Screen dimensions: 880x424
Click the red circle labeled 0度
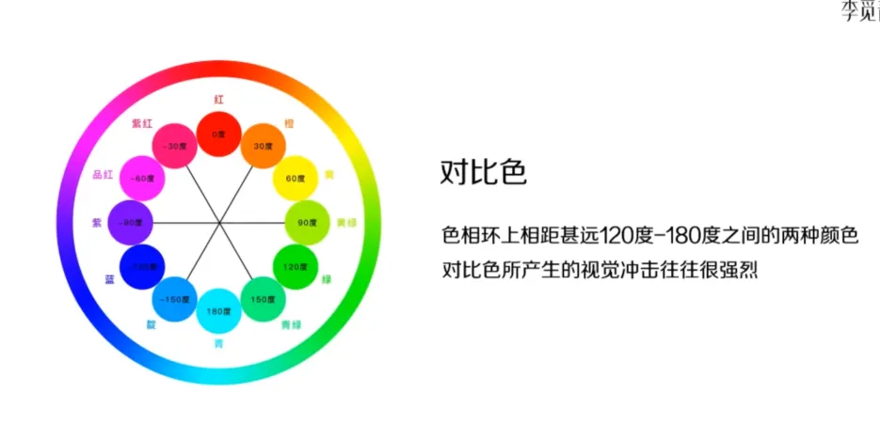tap(218, 133)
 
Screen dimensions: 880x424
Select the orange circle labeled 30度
tap(263, 146)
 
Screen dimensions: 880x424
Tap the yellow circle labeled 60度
tap(295, 178)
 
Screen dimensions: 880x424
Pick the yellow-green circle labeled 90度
tap(307, 222)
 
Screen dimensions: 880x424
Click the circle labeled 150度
tap(263, 298)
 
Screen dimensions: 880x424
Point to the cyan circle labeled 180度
tap(218, 310)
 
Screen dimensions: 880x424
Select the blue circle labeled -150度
tap(174, 298)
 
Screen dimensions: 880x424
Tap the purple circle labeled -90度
tap(131, 222)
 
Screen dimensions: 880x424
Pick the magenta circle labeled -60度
tap(143, 178)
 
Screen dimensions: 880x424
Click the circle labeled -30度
tap(174, 146)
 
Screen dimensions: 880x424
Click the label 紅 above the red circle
tap(218, 99)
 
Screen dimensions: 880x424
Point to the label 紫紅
tap(141, 123)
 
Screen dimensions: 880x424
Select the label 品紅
tap(103, 175)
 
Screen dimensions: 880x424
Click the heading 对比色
tap(483, 172)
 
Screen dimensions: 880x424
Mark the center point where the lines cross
tap(218, 222)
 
